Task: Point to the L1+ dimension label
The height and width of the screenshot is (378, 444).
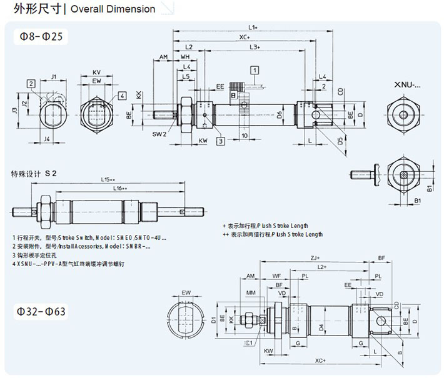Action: point(253,27)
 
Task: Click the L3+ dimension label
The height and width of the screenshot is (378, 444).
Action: point(255,47)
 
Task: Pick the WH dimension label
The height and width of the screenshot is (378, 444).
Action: point(186,57)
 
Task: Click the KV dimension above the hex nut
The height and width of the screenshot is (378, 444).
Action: point(96,72)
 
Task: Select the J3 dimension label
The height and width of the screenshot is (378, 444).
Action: point(14,111)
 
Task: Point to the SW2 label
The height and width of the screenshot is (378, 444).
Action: point(159,134)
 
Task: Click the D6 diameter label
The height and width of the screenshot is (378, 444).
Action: point(280,114)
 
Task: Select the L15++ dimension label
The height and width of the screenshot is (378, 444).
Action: point(109,180)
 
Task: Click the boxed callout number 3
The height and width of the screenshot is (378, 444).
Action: point(220,141)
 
